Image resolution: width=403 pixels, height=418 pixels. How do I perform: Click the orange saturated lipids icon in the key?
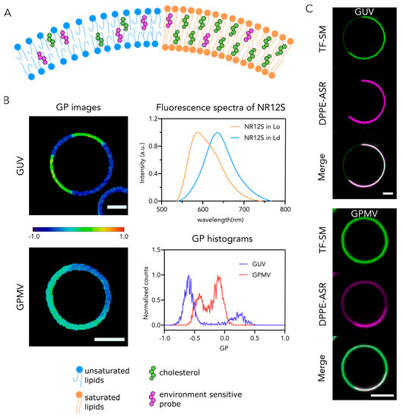(x=29, y=388)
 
